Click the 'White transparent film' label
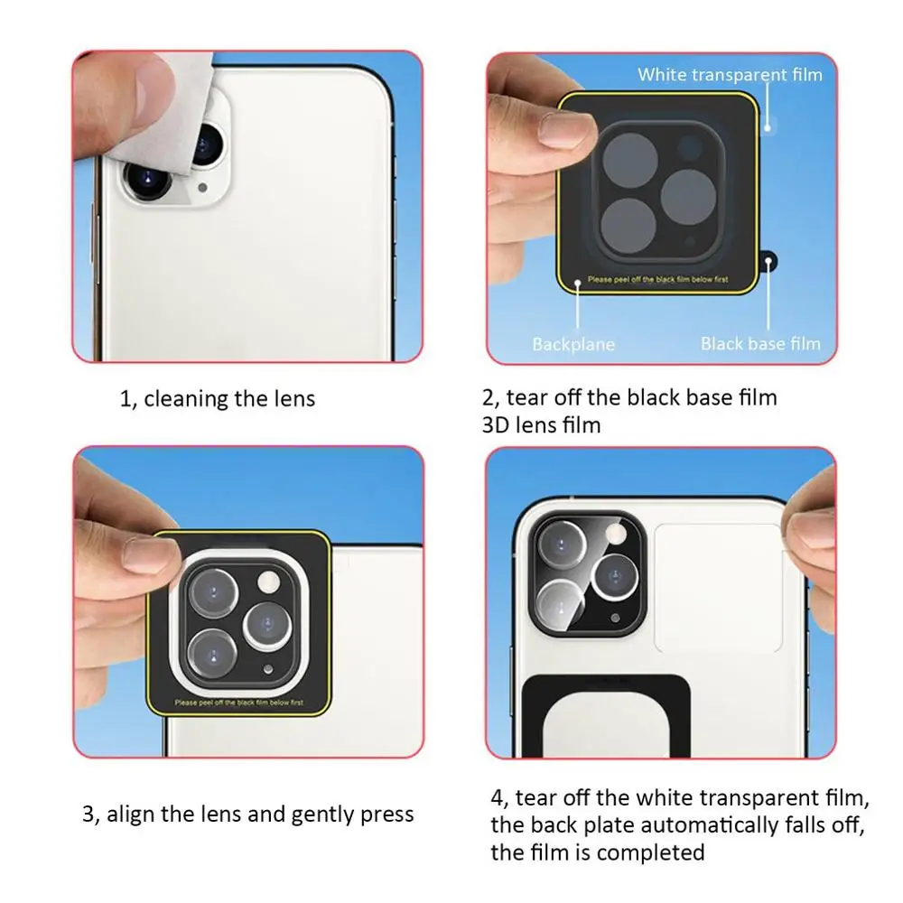click(x=730, y=75)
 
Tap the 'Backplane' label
click(x=573, y=344)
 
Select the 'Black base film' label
click(x=760, y=344)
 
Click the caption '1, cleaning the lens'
click(x=217, y=398)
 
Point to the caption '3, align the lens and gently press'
click(x=247, y=815)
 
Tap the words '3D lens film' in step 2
click(x=541, y=425)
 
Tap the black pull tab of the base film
click(x=768, y=262)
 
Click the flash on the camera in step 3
click(x=268, y=582)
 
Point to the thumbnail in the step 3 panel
click(x=150, y=554)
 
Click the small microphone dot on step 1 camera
click(x=202, y=188)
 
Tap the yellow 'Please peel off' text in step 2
click(x=657, y=279)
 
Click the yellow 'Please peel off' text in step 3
click(x=239, y=703)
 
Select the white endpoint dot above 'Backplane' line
click(x=578, y=283)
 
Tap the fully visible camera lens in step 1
click(x=147, y=180)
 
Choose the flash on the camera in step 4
click(x=616, y=534)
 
